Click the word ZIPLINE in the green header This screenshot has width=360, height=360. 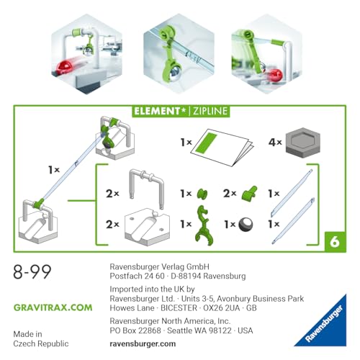pyautogui.click(x=210, y=111)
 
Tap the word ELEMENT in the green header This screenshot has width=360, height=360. pyautogui.click(x=157, y=111)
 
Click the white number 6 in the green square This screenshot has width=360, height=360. pyautogui.click(x=335, y=242)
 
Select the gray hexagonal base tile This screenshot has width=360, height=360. pyautogui.click(x=303, y=143)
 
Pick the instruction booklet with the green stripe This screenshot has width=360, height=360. pyautogui.click(x=222, y=148)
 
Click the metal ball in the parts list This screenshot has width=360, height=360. pyautogui.click(x=246, y=225)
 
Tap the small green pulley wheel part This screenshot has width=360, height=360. pyautogui.click(x=202, y=194)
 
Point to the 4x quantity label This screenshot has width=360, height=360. pyautogui.click(x=275, y=143)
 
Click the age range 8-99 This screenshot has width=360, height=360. pyautogui.click(x=32, y=271)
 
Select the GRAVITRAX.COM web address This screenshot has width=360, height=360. pyautogui.click(x=53, y=307)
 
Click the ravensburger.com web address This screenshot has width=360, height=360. pyautogui.click(x=143, y=343)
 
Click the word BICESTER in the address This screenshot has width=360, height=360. pyautogui.click(x=179, y=308)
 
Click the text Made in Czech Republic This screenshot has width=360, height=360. pyautogui.click(x=41, y=338)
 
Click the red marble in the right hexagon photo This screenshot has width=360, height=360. pyautogui.click(x=275, y=75)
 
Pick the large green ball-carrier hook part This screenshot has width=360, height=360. pyautogui.click(x=204, y=225)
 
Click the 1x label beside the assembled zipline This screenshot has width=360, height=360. pyautogui.click(x=54, y=170)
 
